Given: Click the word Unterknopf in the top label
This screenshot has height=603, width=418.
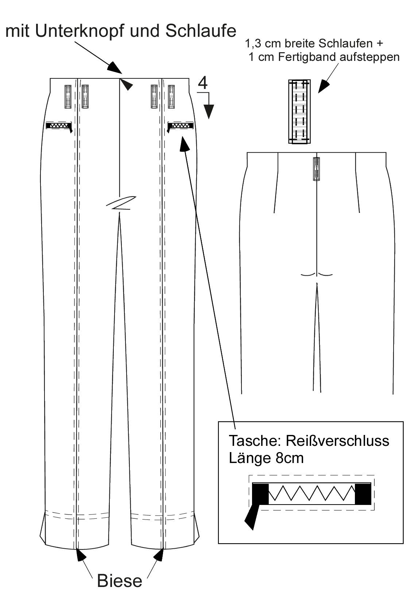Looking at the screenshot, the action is [80, 32].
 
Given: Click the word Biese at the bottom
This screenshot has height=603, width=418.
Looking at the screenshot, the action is [120, 581].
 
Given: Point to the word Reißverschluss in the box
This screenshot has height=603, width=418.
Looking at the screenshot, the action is [337, 441].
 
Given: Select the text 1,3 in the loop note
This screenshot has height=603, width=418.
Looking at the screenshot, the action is [253, 44].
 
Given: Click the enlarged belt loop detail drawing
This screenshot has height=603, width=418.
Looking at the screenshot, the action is [299, 112].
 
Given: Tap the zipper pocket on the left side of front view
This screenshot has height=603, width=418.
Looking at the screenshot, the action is [59, 126].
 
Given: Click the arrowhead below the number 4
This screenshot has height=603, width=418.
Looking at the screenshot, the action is [209, 112].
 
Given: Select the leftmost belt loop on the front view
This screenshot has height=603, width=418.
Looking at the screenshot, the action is [68, 97].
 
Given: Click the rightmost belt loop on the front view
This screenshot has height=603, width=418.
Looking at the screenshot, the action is [171, 97].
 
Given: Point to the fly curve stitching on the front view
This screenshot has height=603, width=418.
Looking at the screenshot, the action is [121, 203].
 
